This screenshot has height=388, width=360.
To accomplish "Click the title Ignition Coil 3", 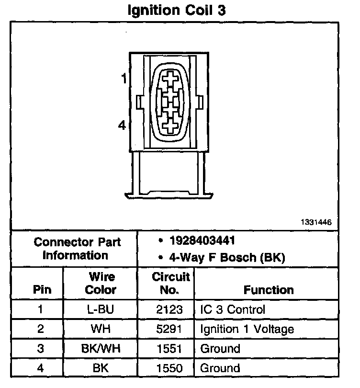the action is (176, 11).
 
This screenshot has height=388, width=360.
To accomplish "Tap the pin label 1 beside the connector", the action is (124, 79).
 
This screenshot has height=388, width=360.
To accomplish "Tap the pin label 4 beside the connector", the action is (123, 126).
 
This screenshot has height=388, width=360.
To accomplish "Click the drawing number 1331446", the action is (316, 223).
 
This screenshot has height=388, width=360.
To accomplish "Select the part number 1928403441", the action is (201, 240).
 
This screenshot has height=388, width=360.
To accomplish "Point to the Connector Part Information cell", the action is (77, 249).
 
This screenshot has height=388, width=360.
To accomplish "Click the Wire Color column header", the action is (101, 283).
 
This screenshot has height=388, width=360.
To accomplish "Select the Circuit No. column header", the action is (170, 283).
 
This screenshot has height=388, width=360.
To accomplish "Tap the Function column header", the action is (269, 290).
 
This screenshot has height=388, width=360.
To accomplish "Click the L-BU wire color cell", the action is (101, 309).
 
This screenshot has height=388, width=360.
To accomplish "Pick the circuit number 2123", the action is (169, 309).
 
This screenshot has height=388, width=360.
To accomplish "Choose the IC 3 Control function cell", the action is (232, 309).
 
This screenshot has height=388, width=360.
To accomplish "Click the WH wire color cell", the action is (101, 329).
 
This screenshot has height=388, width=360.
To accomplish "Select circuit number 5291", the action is (169, 329).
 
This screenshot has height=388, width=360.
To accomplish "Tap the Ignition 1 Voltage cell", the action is (247, 329).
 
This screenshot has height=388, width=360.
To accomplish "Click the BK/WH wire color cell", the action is (101, 349).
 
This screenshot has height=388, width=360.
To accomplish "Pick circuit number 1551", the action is (169, 349).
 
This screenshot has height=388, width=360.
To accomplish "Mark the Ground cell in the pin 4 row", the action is (220, 368).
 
